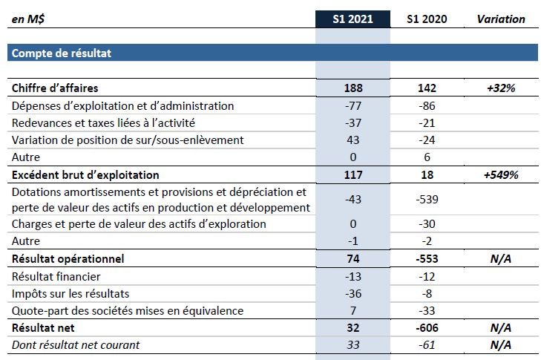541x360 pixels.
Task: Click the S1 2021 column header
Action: [353, 19]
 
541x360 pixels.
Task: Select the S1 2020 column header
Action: [427, 19]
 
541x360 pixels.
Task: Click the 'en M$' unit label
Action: [28, 19]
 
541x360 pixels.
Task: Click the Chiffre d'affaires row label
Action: [55, 88]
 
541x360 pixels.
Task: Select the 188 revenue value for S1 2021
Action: [353, 88]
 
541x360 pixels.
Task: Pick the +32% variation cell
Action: [501, 88]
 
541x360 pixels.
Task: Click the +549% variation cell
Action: [501, 175]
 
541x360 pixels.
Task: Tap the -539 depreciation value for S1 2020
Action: [427, 199]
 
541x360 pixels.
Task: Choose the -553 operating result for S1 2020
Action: [427, 259]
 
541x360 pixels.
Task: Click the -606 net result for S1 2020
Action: [427, 327]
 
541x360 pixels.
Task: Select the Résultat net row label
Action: [43, 327]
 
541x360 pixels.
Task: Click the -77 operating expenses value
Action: [353, 106]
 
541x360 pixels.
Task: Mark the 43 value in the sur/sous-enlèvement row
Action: [353, 140]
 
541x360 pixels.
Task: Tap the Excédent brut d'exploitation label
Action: [85, 175]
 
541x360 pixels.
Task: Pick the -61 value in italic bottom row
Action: [427, 344]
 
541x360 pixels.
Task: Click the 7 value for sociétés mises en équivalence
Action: [353, 310]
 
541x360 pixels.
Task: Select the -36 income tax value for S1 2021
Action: [353, 293]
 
